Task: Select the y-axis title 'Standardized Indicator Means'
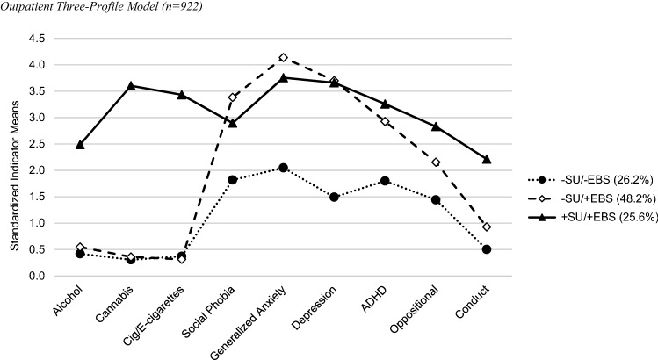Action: [x=15, y=157]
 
